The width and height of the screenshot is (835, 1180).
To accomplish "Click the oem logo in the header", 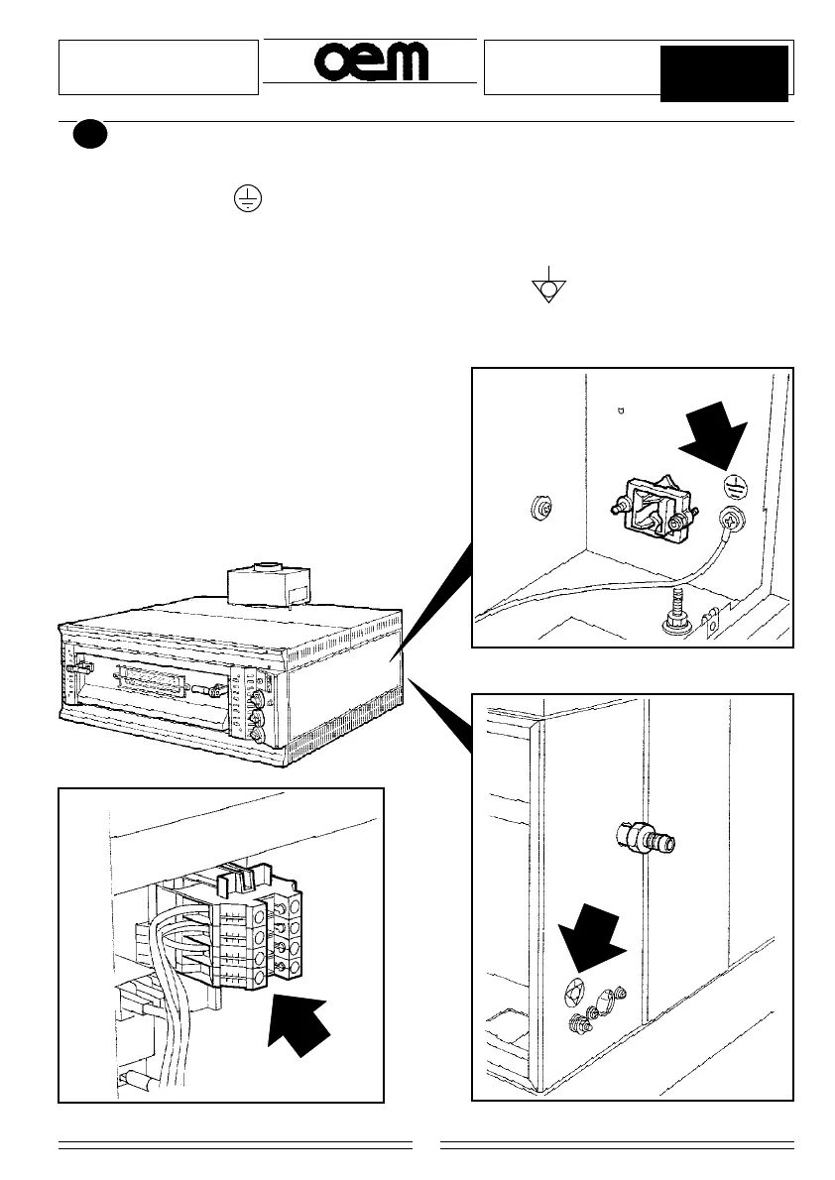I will pos(372,62).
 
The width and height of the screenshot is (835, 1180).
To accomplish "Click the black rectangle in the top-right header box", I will pos(724,72).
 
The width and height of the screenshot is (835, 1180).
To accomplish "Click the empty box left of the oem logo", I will pos(159,67).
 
